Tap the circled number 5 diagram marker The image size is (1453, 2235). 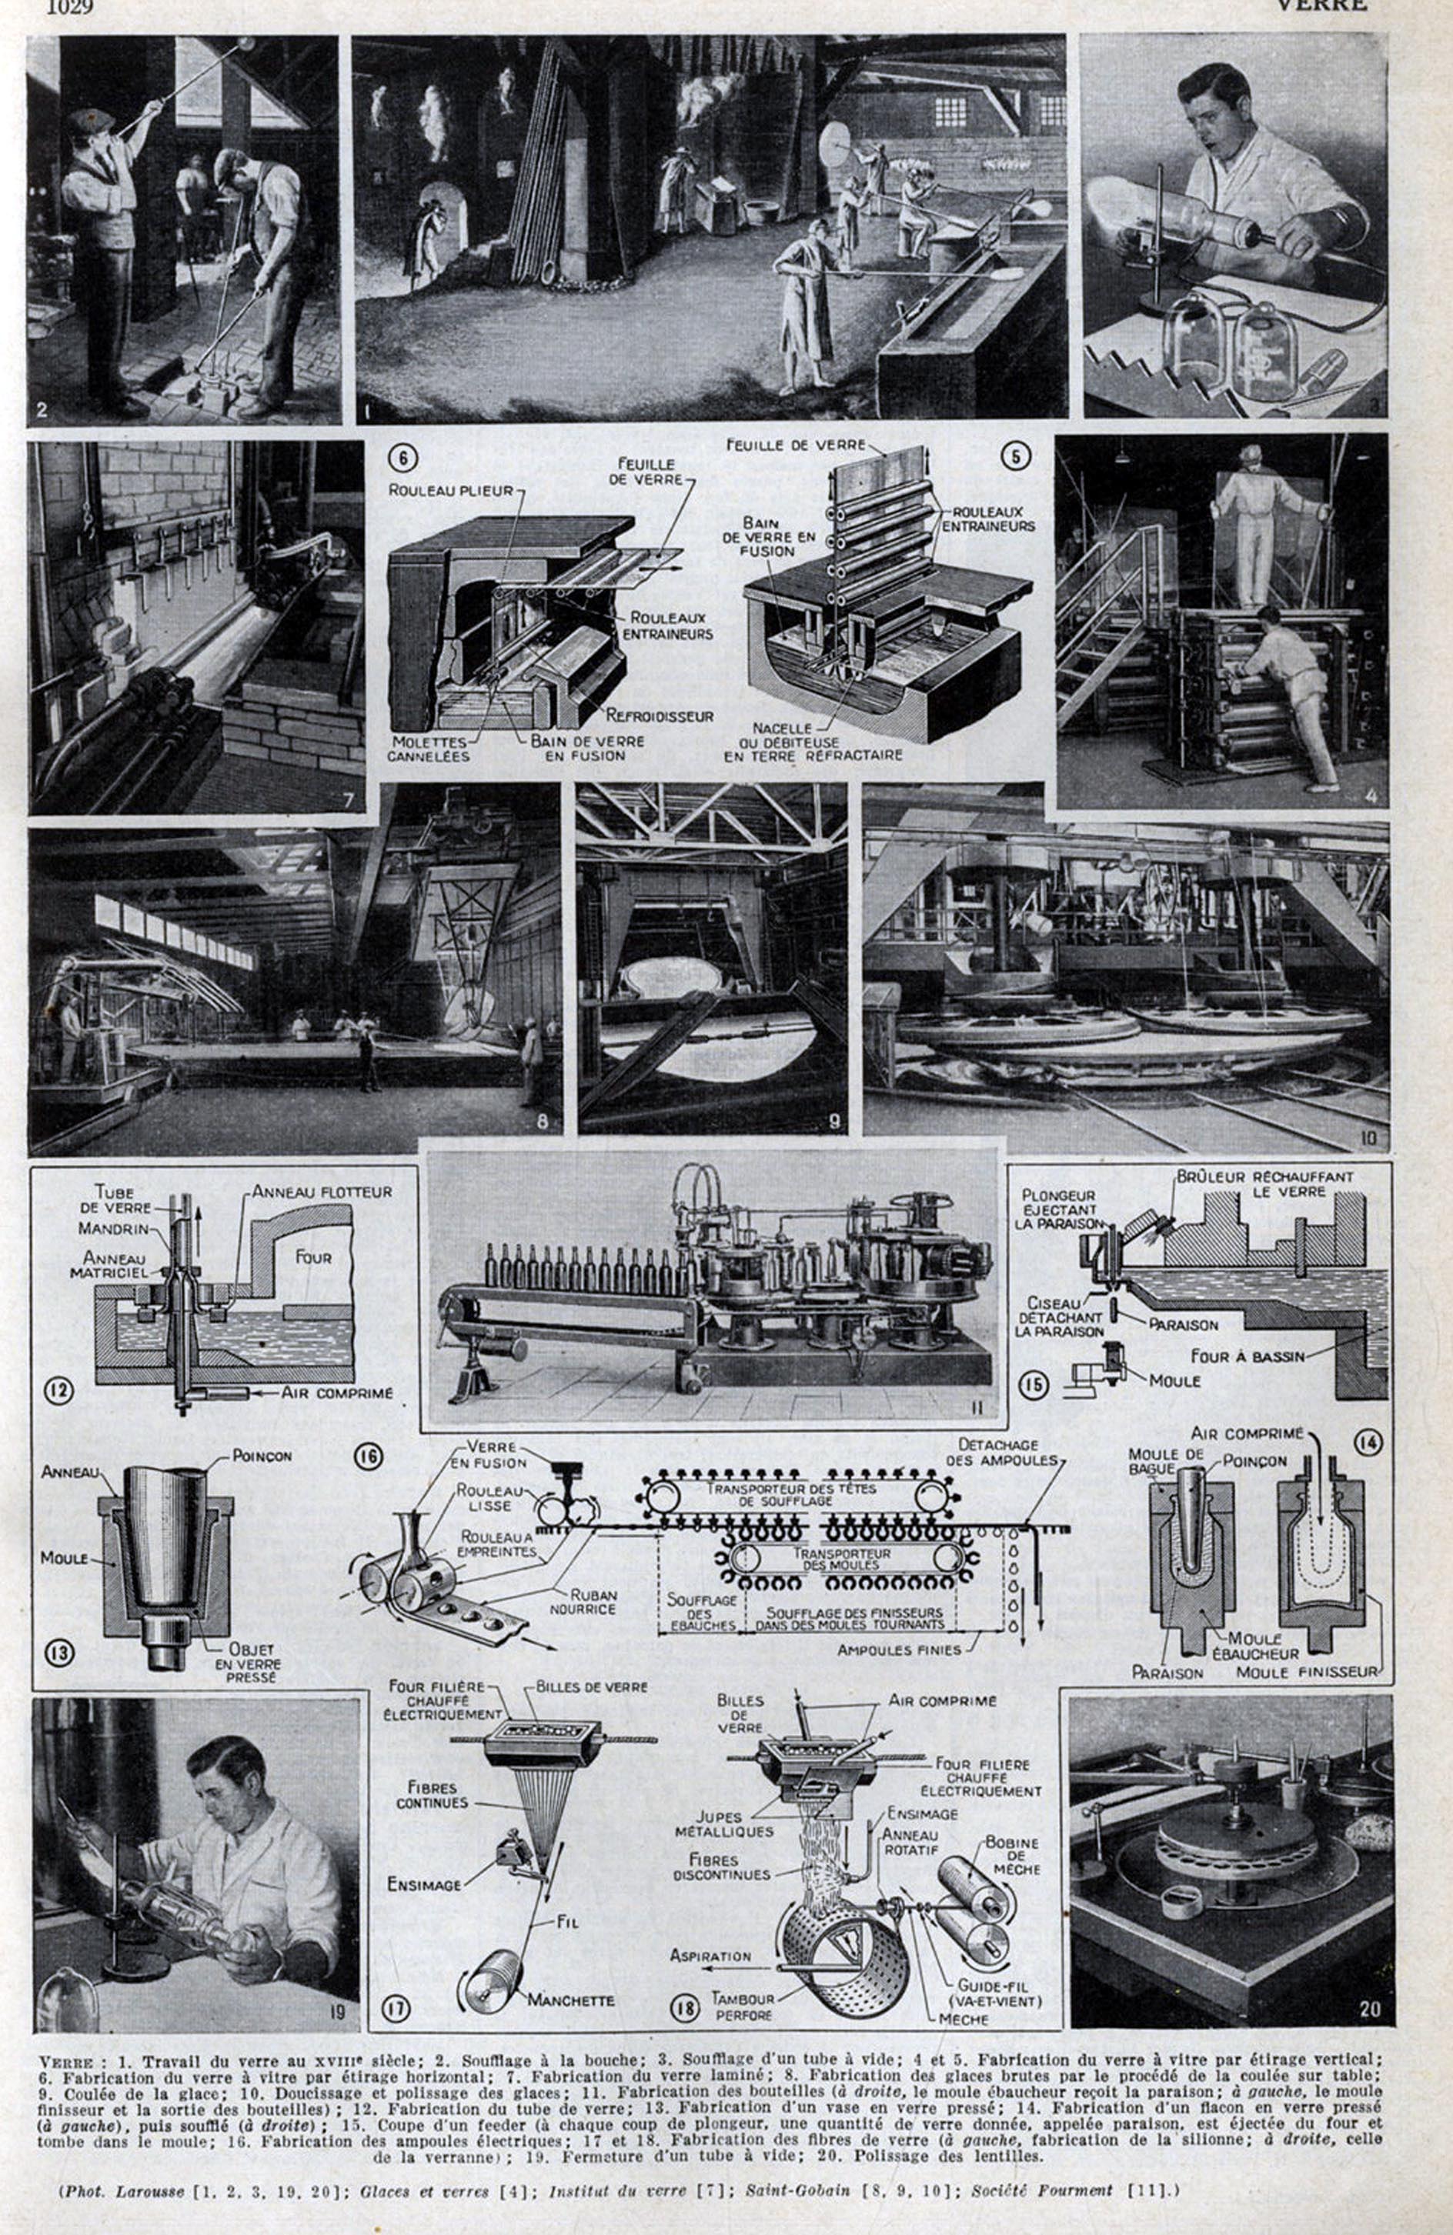point(1015,455)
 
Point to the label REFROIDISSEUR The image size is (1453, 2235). point(660,716)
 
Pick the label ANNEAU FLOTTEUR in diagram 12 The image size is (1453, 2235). point(321,1192)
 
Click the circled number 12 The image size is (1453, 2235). point(58,1389)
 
